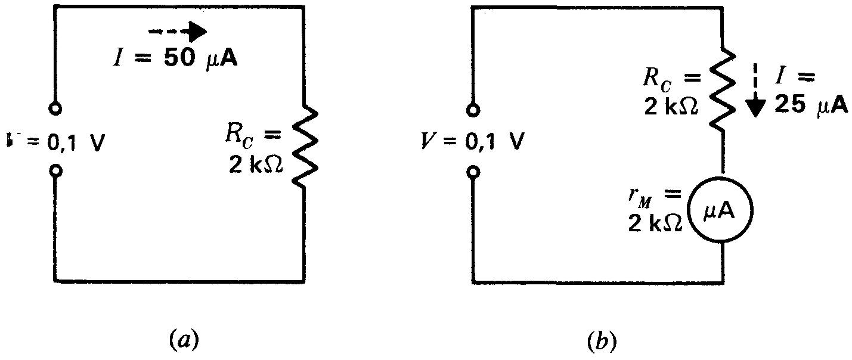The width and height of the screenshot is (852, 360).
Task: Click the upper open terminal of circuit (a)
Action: pyautogui.click(x=55, y=110)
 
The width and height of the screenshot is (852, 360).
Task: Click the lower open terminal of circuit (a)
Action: pyautogui.click(x=55, y=172)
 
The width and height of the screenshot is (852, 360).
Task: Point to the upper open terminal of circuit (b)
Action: pyautogui.click(x=473, y=110)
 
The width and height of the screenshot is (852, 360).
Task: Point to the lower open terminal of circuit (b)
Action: pyautogui.click(x=473, y=172)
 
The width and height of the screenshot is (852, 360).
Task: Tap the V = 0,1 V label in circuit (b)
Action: pyautogui.click(x=475, y=144)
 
